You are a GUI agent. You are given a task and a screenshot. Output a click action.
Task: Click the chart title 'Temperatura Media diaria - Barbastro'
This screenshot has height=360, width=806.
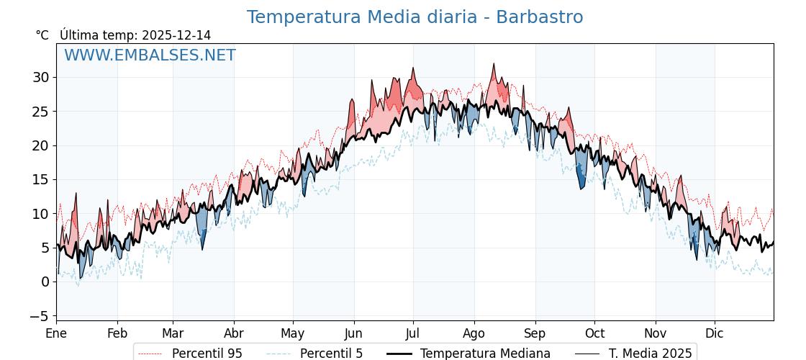coord(415,17)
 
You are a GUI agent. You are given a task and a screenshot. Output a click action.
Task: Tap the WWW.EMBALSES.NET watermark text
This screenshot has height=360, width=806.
coord(150,55)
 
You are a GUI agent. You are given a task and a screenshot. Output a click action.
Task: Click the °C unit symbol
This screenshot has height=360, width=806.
coord(42,35)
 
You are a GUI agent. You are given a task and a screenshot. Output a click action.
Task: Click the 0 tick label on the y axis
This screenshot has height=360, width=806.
coord(45,282)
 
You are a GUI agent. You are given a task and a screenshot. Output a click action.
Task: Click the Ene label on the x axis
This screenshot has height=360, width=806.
coord(56,333)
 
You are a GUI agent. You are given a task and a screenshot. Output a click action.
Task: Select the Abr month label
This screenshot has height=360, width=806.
coord(233,333)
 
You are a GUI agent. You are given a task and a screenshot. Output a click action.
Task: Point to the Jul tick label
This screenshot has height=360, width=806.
coord(413,333)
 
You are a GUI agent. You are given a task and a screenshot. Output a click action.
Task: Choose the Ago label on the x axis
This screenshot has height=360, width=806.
coord(474,333)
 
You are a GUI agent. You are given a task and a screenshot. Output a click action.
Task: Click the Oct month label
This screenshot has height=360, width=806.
coord(594,333)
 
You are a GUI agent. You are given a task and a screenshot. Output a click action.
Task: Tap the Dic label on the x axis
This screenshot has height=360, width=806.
coord(715,333)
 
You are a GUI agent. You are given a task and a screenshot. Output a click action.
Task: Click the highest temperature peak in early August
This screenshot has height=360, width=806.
coord(494,64)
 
